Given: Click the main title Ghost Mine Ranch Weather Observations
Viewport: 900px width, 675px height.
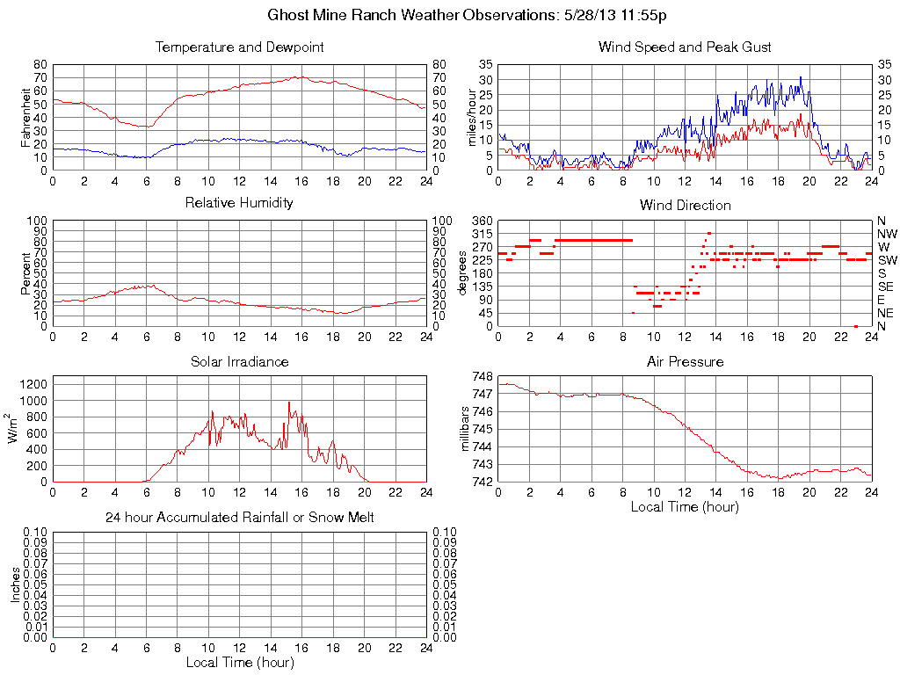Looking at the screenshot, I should pos(472,16).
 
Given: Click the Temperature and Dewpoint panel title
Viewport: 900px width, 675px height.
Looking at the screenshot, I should pos(239,47).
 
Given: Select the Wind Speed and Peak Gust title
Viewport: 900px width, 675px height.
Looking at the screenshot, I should pos(685,47).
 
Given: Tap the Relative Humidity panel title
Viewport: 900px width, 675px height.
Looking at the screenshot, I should pos(239,203).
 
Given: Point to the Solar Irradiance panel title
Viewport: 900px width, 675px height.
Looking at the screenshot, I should pos(239,361).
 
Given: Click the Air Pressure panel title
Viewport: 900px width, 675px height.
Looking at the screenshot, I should pos(685,361).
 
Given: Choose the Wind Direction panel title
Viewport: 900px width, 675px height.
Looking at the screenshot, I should pos(685,206).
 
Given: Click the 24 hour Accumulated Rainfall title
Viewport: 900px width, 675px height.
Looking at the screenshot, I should pos(239,518).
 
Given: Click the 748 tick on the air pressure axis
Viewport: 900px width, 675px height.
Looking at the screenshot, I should pos(482,376).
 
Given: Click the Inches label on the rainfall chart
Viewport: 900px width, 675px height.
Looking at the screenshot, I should pos(15,584).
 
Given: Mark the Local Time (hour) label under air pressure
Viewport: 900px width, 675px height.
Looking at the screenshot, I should pos(685,506).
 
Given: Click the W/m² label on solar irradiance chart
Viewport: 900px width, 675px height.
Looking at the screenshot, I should pos(13,429).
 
